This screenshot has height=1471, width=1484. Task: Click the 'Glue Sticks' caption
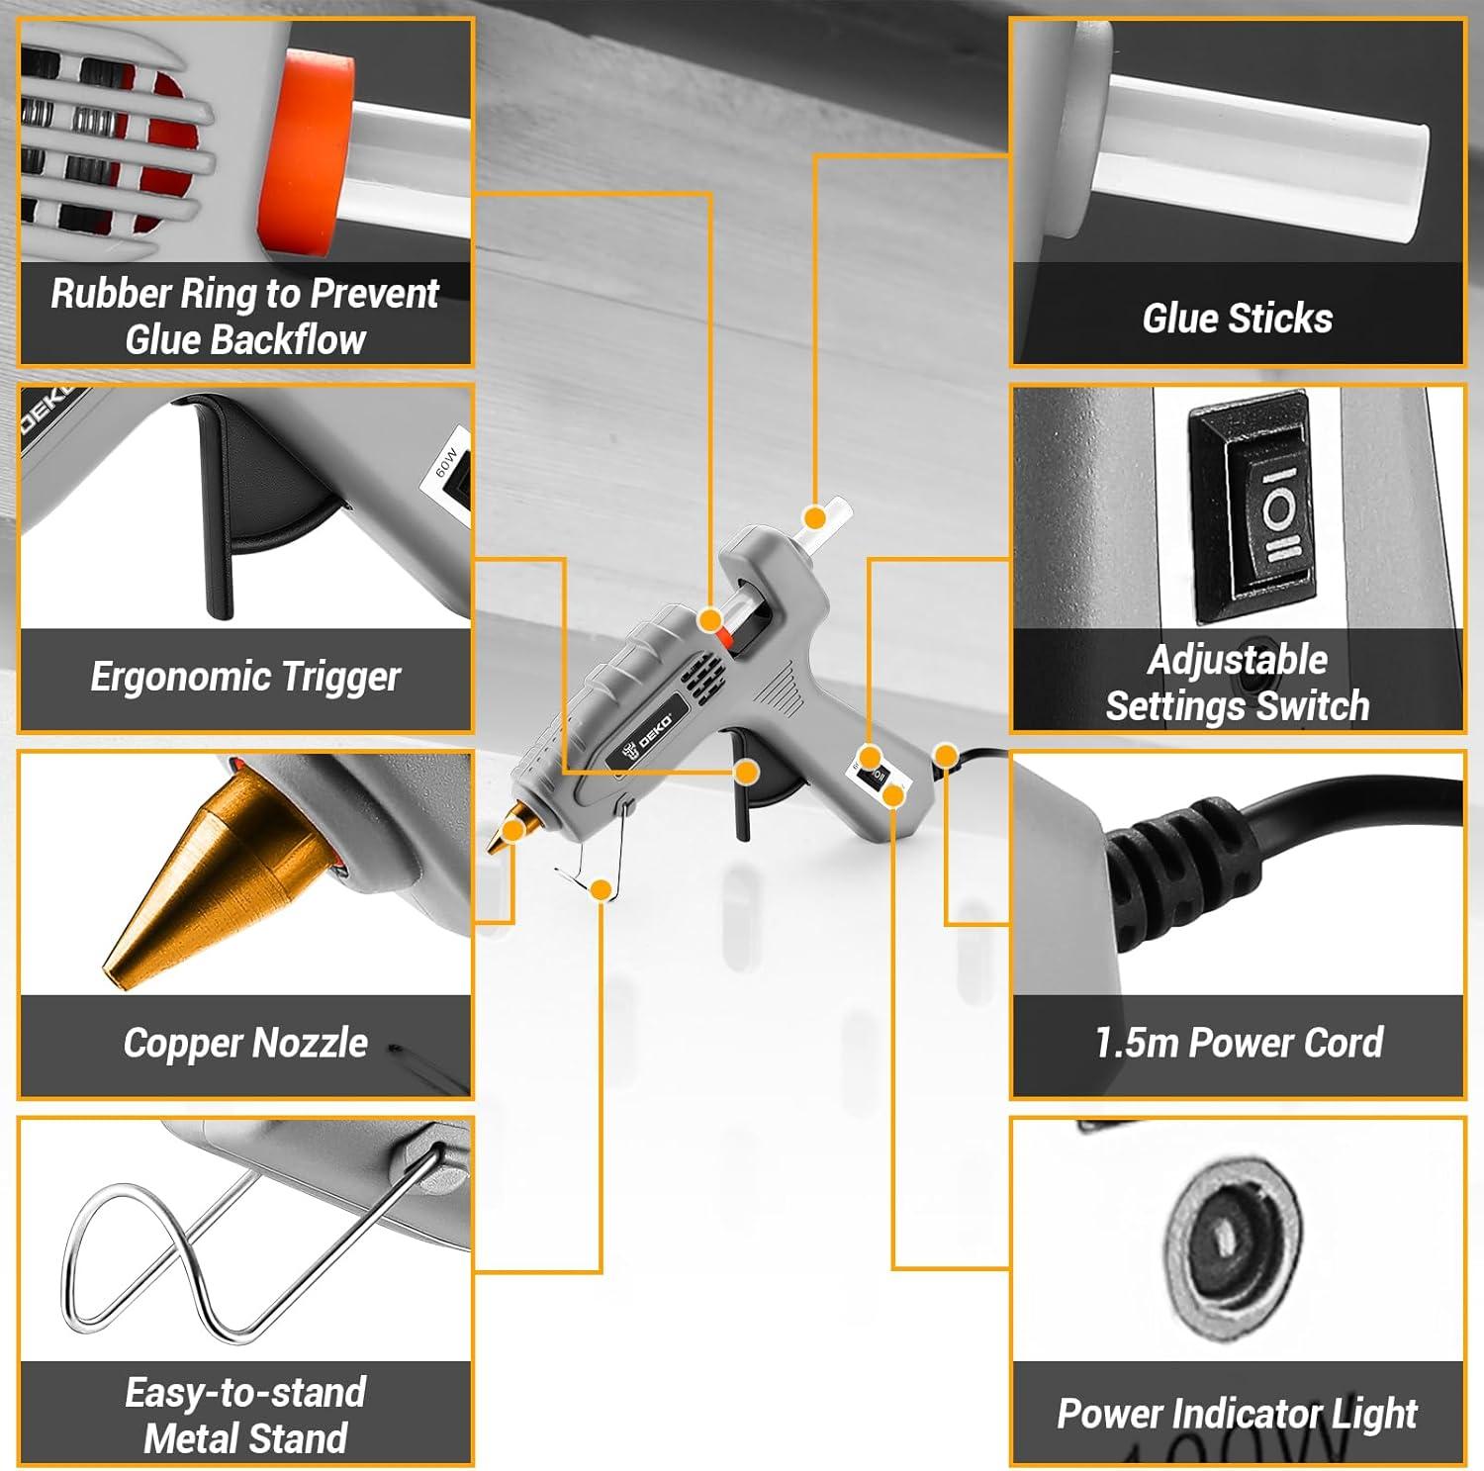point(1237,319)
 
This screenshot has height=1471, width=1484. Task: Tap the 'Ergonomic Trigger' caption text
point(245,678)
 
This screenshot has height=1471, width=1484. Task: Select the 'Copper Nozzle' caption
point(245,1043)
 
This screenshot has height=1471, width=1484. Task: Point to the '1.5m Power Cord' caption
point(1238,1043)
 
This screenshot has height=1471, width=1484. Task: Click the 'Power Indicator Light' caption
point(1237,1414)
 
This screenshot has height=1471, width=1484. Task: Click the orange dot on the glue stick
point(814,517)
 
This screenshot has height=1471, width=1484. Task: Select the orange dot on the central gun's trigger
point(747,772)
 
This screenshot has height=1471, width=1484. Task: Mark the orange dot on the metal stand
point(600,889)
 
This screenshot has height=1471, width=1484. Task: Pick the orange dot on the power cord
point(946,757)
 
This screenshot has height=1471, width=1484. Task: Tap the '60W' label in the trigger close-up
point(447,463)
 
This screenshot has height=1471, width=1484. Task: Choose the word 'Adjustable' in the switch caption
point(1237,660)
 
